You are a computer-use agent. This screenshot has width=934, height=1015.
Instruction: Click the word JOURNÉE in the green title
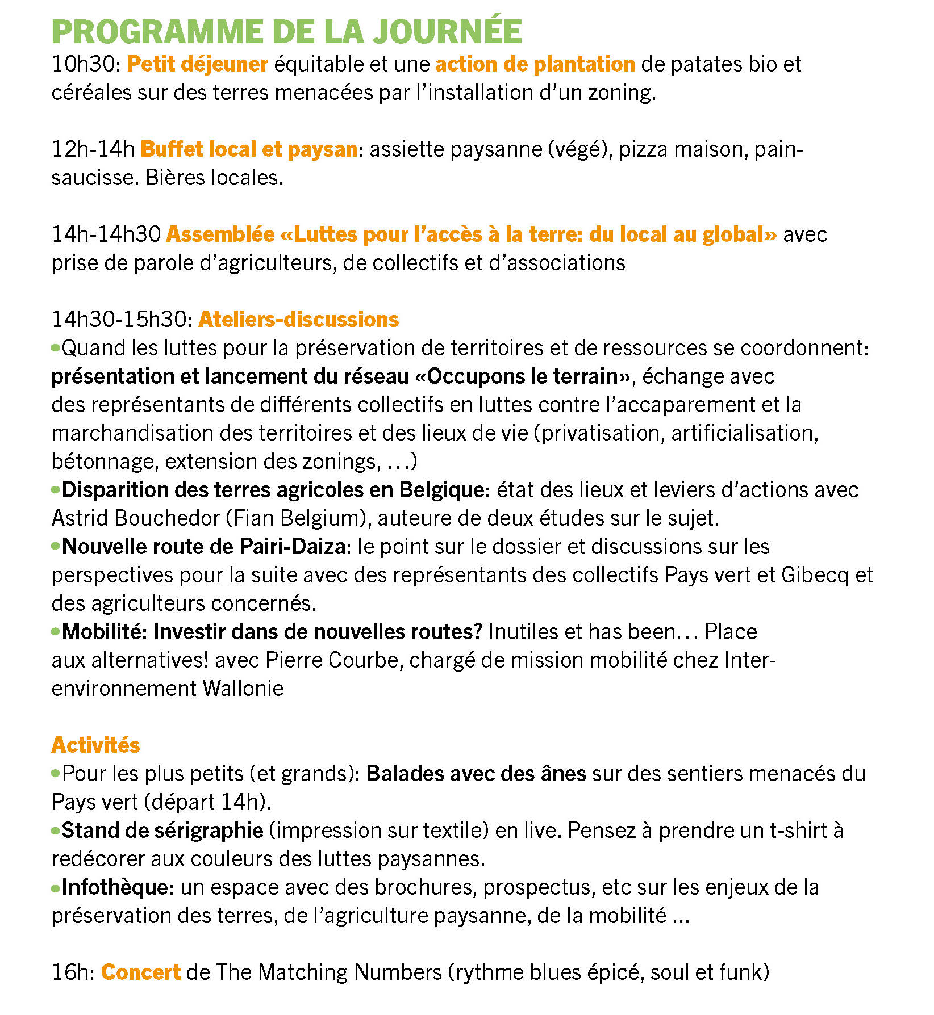click(x=447, y=32)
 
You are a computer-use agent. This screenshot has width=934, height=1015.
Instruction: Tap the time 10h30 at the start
click(x=84, y=64)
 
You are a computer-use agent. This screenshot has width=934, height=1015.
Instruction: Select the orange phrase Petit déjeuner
click(x=197, y=64)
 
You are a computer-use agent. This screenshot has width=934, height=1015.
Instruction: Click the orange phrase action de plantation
click(x=535, y=64)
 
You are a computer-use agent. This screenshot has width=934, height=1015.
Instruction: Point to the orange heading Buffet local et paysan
click(x=249, y=149)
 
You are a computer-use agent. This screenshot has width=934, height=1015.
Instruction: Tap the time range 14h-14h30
click(x=106, y=234)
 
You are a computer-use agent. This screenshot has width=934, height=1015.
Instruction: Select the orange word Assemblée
click(x=220, y=234)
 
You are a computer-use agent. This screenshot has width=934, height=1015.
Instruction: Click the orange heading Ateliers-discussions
click(x=299, y=320)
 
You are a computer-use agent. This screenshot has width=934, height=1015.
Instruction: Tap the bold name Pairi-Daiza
click(x=293, y=547)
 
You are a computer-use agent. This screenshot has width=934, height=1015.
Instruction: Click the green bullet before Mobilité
click(x=56, y=631)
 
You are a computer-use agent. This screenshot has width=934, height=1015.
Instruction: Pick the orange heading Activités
click(x=95, y=745)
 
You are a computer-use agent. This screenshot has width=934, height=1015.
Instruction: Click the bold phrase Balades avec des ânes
click(x=476, y=774)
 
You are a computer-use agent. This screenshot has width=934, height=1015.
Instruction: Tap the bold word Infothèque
click(x=115, y=887)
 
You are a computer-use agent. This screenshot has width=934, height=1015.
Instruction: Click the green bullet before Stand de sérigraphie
click(x=56, y=831)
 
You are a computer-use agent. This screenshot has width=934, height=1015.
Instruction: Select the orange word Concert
click(x=141, y=972)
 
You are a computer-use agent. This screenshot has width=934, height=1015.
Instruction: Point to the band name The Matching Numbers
click(x=329, y=972)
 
